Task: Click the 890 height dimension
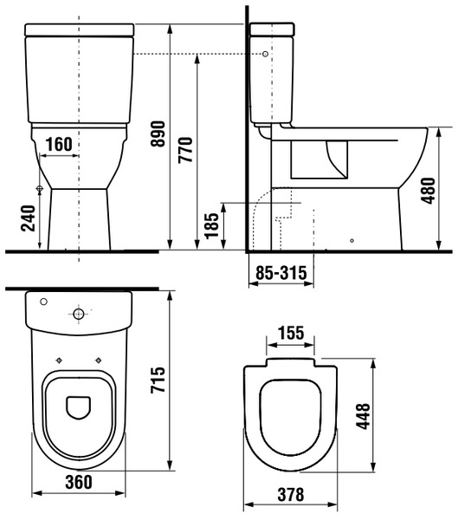[x=158, y=134]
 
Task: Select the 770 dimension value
[x=185, y=150]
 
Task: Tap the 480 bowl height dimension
[x=428, y=191]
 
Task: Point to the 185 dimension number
[x=212, y=226]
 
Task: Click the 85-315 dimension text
[x=281, y=273]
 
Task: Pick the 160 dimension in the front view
[x=59, y=144]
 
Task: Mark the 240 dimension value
[x=28, y=218]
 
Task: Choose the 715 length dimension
[x=158, y=380]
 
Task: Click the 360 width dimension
[x=79, y=482]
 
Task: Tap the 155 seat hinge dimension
[x=291, y=333]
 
